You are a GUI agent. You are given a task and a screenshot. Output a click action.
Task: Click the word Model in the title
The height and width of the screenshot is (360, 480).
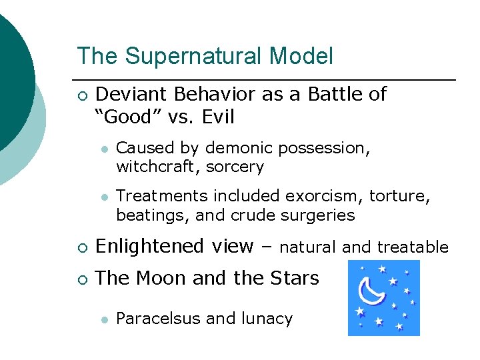point(301,57)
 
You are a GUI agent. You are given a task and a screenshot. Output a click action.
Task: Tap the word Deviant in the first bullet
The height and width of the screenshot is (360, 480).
point(131,95)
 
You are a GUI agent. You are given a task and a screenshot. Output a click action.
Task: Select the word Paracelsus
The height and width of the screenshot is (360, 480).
point(159,319)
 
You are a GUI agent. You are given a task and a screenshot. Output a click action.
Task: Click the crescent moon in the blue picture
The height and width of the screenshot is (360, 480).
point(371,291)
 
